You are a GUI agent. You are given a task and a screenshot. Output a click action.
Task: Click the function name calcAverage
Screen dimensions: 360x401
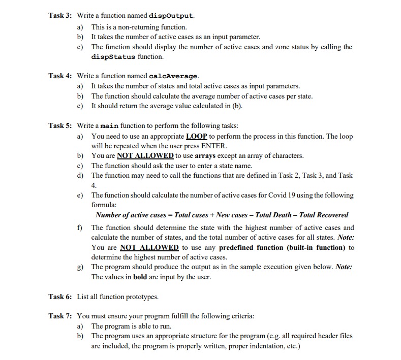[x=174, y=76]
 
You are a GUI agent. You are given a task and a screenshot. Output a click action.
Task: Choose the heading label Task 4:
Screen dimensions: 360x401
[x=61, y=76]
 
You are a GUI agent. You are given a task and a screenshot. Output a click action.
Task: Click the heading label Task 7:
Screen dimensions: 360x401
[x=61, y=316]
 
